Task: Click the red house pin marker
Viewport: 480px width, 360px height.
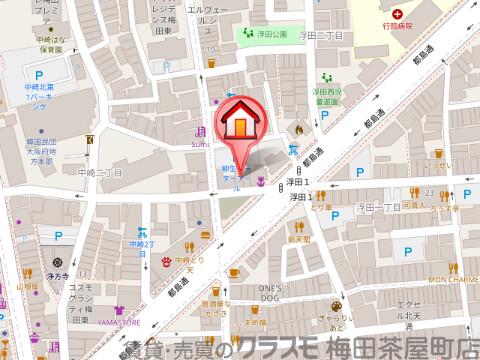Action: point(241,123)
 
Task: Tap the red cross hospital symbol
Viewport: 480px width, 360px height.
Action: point(398,13)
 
